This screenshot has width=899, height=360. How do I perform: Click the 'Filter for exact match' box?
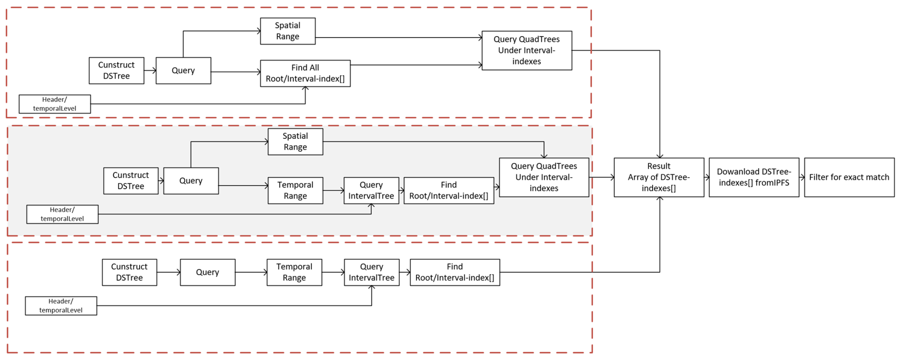pos(849,177)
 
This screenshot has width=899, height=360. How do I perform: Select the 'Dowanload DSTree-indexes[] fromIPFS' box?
pos(753,177)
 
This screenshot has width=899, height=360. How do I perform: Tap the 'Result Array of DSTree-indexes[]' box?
pos(659,177)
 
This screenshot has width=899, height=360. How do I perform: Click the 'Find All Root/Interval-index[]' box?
pos(305,73)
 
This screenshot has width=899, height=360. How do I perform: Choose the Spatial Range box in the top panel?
pos(288,31)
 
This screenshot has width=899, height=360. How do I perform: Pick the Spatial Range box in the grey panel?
pos(295,142)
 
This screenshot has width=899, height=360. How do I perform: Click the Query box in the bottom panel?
pos(208,272)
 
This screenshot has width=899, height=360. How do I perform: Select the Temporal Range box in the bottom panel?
pos(294,272)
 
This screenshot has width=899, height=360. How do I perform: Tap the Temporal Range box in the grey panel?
pos(295,190)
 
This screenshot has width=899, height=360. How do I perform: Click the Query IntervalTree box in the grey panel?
pos(371,190)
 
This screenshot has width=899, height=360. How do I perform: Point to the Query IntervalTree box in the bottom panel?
pos(372,272)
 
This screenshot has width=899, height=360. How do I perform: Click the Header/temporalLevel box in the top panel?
pos(55,104)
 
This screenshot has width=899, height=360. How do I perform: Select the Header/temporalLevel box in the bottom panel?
pos(61,306)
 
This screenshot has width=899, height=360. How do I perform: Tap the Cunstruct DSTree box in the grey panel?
pos(131,181)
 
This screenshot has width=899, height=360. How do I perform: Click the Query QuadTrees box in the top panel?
pos(527,50)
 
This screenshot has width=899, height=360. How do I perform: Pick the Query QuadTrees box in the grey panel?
pos(544,177)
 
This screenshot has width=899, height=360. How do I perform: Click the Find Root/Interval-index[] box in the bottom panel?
pos(455,272)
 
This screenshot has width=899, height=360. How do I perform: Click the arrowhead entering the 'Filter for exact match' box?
pos(802,177)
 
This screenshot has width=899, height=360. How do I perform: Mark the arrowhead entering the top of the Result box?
pos(660,156)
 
